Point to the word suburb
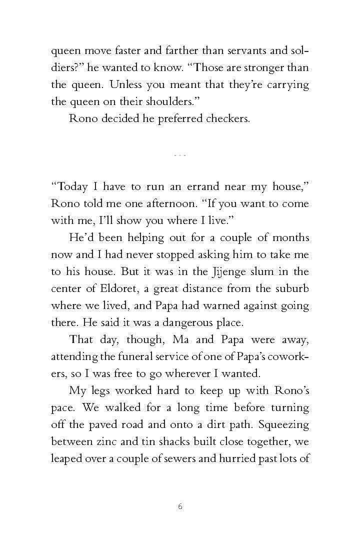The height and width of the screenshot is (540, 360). (292, 289)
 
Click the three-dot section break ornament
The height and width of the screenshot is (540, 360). (179, 155)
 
